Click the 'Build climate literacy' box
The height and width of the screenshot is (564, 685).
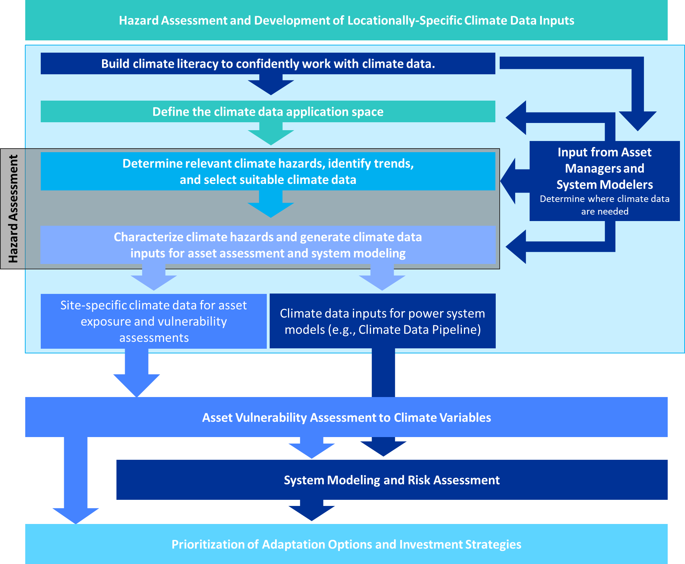point(268,64)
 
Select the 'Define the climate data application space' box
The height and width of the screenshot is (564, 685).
point(268,112)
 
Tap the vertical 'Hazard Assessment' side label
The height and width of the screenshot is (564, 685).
point(13,209)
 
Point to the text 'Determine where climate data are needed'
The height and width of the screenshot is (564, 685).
point(605,205)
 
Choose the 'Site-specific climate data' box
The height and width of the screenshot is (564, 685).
point(154,321)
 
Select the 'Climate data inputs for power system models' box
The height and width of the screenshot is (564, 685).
point(383,321)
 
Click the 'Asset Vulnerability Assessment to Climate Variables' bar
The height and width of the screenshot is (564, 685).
point(346,418)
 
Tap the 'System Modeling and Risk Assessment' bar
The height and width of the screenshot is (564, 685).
point(392,480)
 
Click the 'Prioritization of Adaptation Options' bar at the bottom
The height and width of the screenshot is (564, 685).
point(346,544)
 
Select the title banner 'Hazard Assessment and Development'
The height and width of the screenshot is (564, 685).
point(346,21)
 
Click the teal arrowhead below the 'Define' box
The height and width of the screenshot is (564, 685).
point(271,137)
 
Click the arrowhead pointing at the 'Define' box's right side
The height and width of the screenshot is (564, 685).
point(517,118)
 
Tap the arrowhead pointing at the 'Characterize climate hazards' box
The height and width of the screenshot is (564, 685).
point(517,247)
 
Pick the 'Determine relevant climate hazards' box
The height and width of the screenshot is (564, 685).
point(268,171)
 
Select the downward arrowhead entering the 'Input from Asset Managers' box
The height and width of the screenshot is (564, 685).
point(637,121)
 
